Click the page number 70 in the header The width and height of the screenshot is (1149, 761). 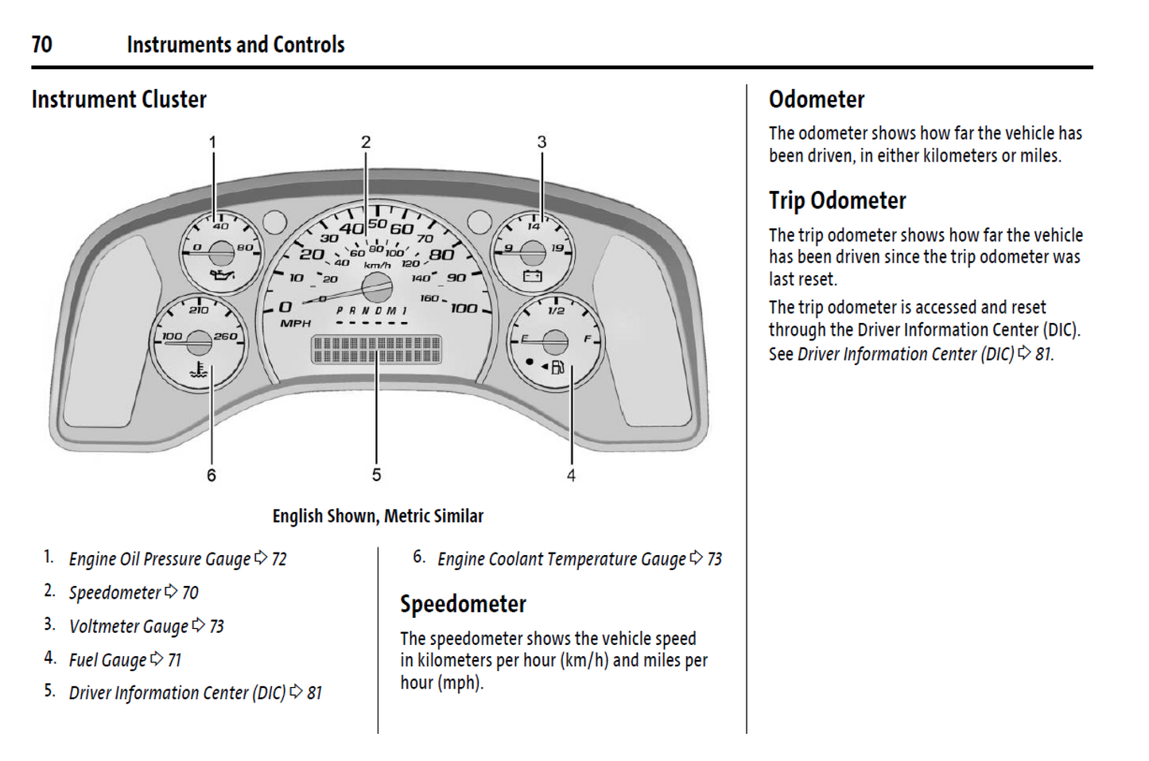[x=42, y=45]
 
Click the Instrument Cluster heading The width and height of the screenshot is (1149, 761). [x=118, y=99]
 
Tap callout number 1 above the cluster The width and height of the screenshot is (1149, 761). [x=212, y=142]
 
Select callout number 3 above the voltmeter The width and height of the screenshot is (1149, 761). [x=542, y=142]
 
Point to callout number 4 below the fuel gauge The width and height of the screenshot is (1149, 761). [x=571, y=476]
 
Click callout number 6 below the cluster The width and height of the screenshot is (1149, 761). [x=212, y=476]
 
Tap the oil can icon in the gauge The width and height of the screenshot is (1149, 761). [x=222, y=275]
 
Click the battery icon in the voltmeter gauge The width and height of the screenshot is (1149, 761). [x=532, y=276]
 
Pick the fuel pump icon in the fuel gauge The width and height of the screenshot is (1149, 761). [x=557, y=367]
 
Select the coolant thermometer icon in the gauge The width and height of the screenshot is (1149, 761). [x=198, y=371]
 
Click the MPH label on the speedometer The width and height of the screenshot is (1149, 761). [x=295, y=324]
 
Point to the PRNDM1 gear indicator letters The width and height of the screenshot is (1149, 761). [x=371, y=311]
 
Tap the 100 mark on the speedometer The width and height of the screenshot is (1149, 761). [x=464, y=309]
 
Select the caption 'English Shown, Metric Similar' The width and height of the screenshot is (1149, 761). [x=378, y=516]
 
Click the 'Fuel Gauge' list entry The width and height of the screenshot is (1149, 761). [x=107, y=660]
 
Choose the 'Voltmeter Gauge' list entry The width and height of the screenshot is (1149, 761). [x=129, y=627]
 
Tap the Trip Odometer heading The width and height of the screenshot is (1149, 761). [x=837, y=200]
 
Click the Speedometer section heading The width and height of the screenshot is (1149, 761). [x=463, y=604]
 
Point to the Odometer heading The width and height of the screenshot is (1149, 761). [x=817, y=99]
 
